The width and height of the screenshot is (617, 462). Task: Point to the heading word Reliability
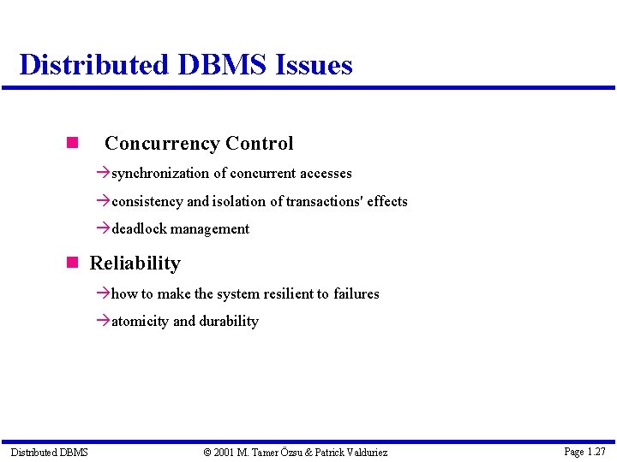pyautogui.click(x=135, y=264)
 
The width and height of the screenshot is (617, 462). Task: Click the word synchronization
pyautogui.click(x=160, y=174)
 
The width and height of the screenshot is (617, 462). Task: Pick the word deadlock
pyautogui.click(x=139, y=229)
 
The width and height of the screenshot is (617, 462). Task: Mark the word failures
pyautogui.click(x=356, y=294)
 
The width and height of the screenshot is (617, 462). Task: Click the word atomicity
pyautogui.click(x=140, y=322)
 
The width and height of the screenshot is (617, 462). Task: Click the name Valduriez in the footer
pyautogui.click(x=364, y=452)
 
